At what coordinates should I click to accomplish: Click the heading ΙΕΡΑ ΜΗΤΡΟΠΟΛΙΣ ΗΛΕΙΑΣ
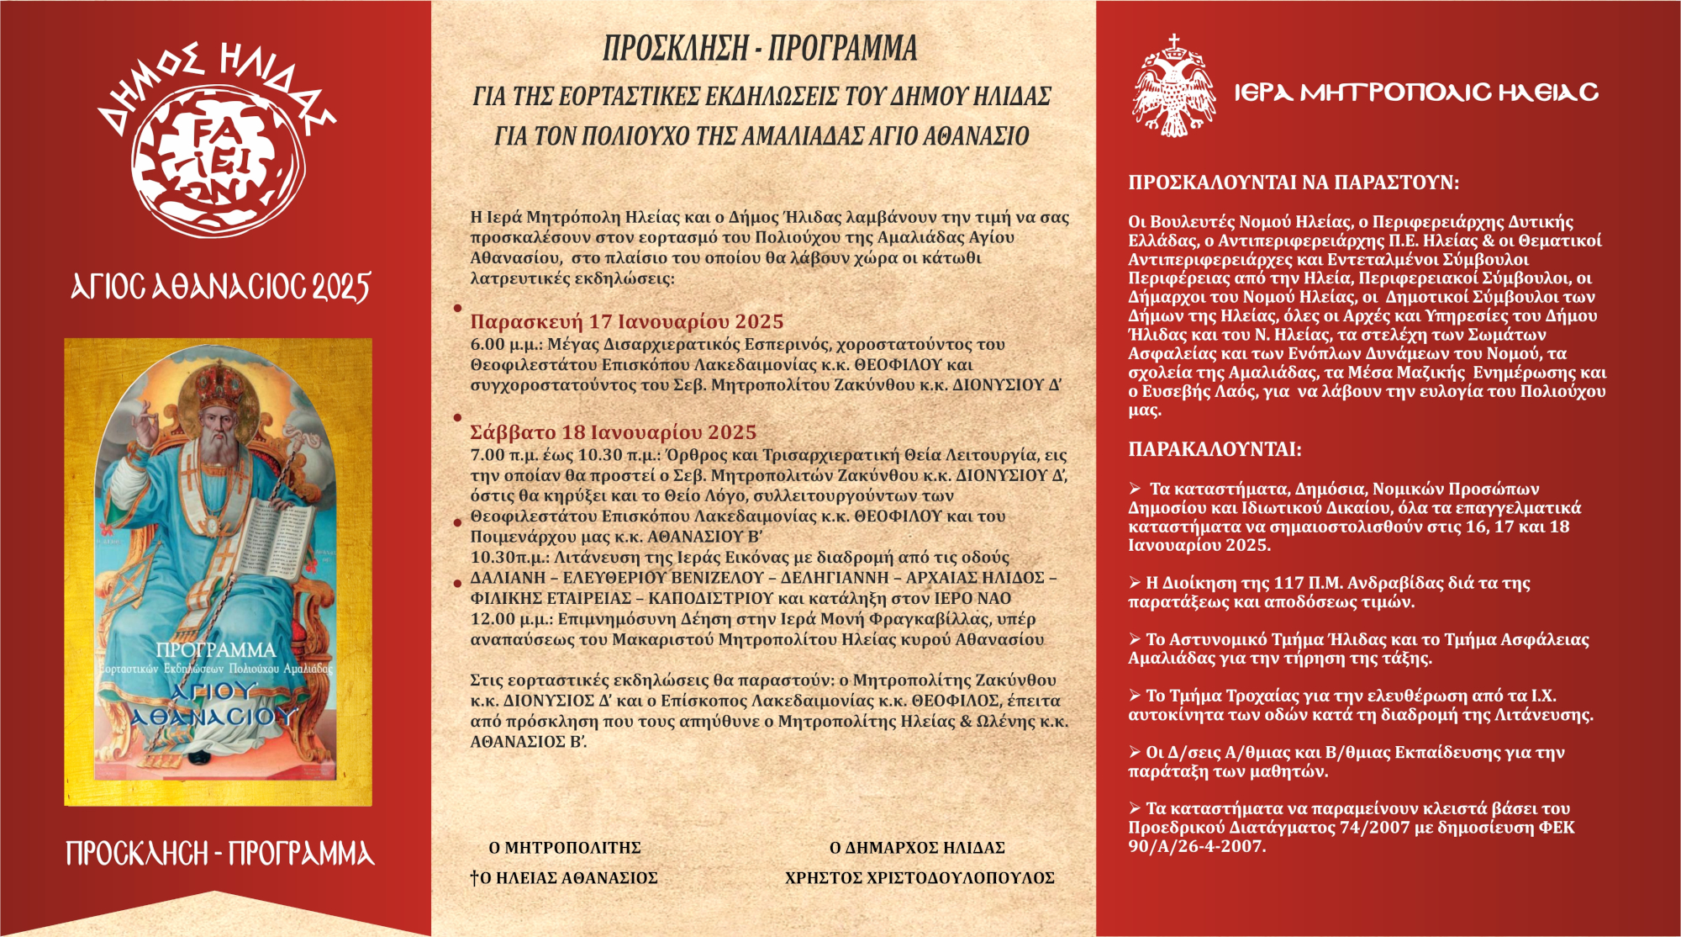pos(1416,93)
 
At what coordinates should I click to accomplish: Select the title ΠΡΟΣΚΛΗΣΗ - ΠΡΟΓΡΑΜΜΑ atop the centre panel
pos(760,49)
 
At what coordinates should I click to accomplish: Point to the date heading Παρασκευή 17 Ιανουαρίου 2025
pos(626,322)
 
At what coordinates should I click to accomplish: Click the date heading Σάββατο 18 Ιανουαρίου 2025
pos(613,432)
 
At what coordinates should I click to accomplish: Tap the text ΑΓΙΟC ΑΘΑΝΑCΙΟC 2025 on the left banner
pos(220,288)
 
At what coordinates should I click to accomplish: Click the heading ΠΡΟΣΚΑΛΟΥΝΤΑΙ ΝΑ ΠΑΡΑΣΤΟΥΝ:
pos(1294,183)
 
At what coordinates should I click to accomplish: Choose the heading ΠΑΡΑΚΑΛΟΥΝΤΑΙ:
pos(1215,450)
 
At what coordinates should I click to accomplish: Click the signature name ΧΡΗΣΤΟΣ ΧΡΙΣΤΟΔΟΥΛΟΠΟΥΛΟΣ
pos(920,878)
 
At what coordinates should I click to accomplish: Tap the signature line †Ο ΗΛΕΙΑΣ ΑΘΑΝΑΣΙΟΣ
pos(564,878)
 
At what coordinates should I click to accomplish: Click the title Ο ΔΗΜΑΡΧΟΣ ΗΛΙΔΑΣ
pos(917,848)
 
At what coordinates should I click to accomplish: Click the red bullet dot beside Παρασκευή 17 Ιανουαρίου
pos(458,309)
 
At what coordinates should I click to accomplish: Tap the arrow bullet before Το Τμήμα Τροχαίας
pos(1135,696)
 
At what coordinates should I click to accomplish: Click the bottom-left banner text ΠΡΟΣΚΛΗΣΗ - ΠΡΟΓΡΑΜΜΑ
pos(220,854)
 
